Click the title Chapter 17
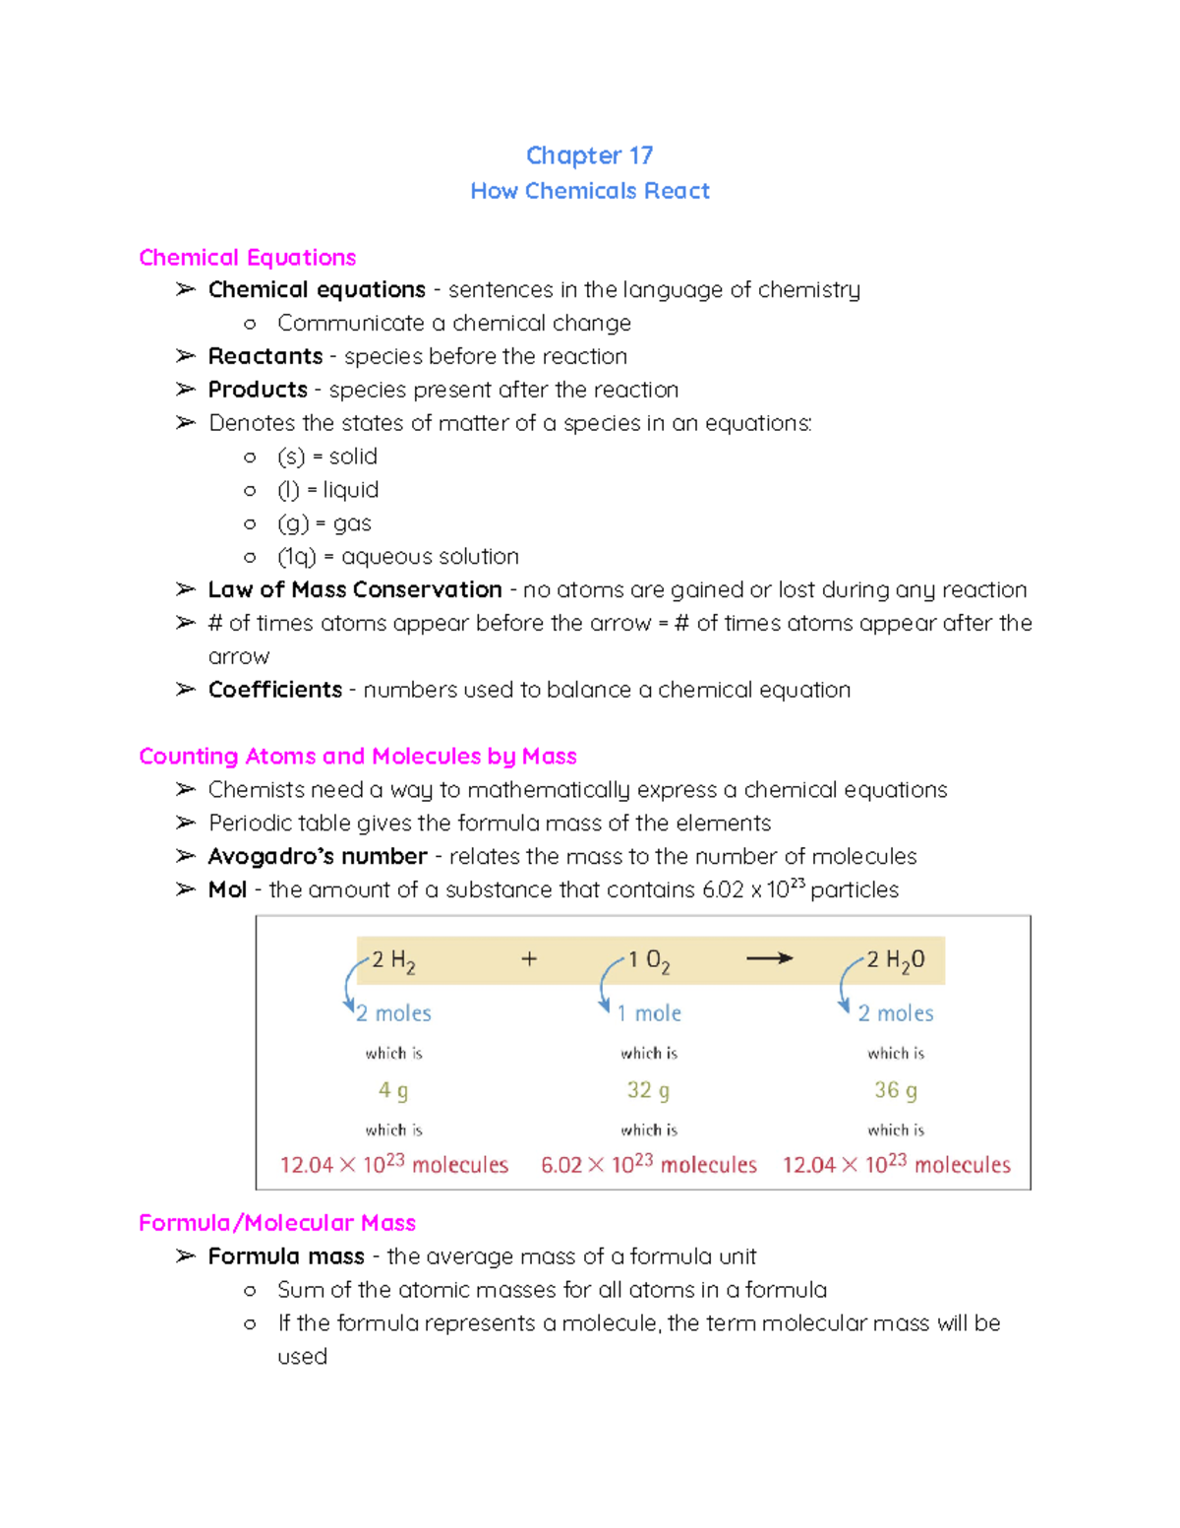tap(589, 155)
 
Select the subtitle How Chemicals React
tap(589, 191)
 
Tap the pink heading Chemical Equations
tap(247, 258)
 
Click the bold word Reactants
tap(265, 356)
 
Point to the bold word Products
tap(258, 390)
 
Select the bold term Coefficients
tap(275, 690)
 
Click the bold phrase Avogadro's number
tap(318, 856)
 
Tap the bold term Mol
tap(227, 889)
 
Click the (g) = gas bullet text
tap(324, 523)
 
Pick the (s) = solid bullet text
tap(327, 457)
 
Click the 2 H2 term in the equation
tap(393, 961)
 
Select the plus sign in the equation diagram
tap(529, 958)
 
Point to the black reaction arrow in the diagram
tap(769, 958)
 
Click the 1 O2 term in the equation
tap(649, 961)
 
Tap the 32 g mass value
tap(648, 1090)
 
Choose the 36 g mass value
tap(896, 1090)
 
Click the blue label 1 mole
tap(649, 1013)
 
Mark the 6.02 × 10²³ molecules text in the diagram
tap(649, 1165)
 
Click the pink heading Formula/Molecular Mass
tap(277, 1223)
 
